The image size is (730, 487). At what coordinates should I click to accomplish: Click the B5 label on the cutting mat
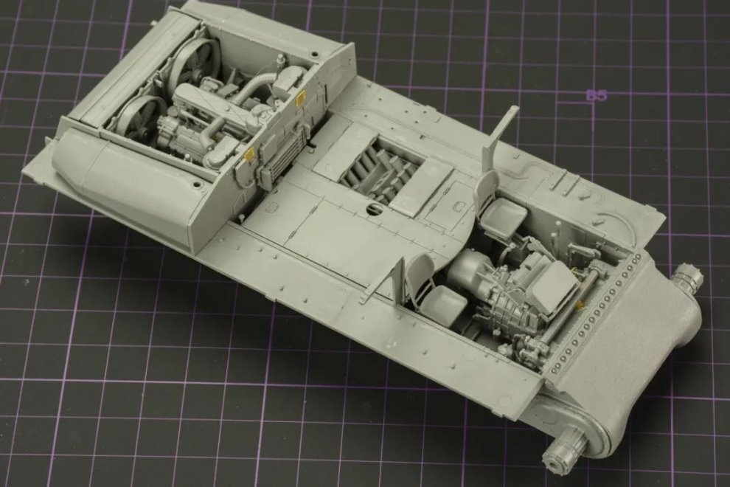tap(597, 95)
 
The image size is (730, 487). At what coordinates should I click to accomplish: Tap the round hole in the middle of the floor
tap(373, 208)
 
